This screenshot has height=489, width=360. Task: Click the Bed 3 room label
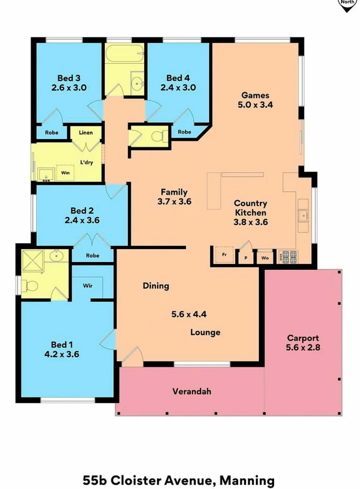[x=69, y=77]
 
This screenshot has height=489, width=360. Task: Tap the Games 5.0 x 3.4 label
[x=255, y=100]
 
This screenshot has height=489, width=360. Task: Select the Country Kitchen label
[x=250, y=208]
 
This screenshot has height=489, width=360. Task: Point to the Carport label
[x=302, y=338]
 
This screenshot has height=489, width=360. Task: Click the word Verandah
[x=192, y=391]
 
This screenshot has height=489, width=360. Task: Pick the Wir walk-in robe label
[x=88, y=286]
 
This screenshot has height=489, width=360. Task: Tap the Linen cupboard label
[x=86, y=133]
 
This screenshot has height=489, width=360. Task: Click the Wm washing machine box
[x=66, y=173]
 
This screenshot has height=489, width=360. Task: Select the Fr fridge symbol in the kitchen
[x=224, y=254]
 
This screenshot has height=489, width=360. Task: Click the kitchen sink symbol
[x=302, y=216]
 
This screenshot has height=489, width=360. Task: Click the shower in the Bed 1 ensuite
[x=33, y=261]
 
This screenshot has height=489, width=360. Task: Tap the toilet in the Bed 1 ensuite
[x=29, y=286]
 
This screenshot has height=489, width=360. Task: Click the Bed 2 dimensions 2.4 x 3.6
[x=82, y=221]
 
